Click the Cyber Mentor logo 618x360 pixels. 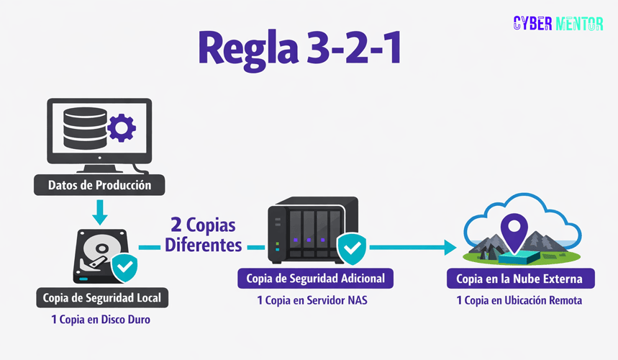558,24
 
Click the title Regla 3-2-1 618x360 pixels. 300,48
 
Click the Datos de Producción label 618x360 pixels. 99,185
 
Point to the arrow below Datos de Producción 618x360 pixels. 99,212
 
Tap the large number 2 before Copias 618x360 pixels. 176,225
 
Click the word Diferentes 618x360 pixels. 204,245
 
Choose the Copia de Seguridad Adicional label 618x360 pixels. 315,278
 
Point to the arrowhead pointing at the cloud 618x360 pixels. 451,248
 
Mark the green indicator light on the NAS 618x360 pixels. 277,243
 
